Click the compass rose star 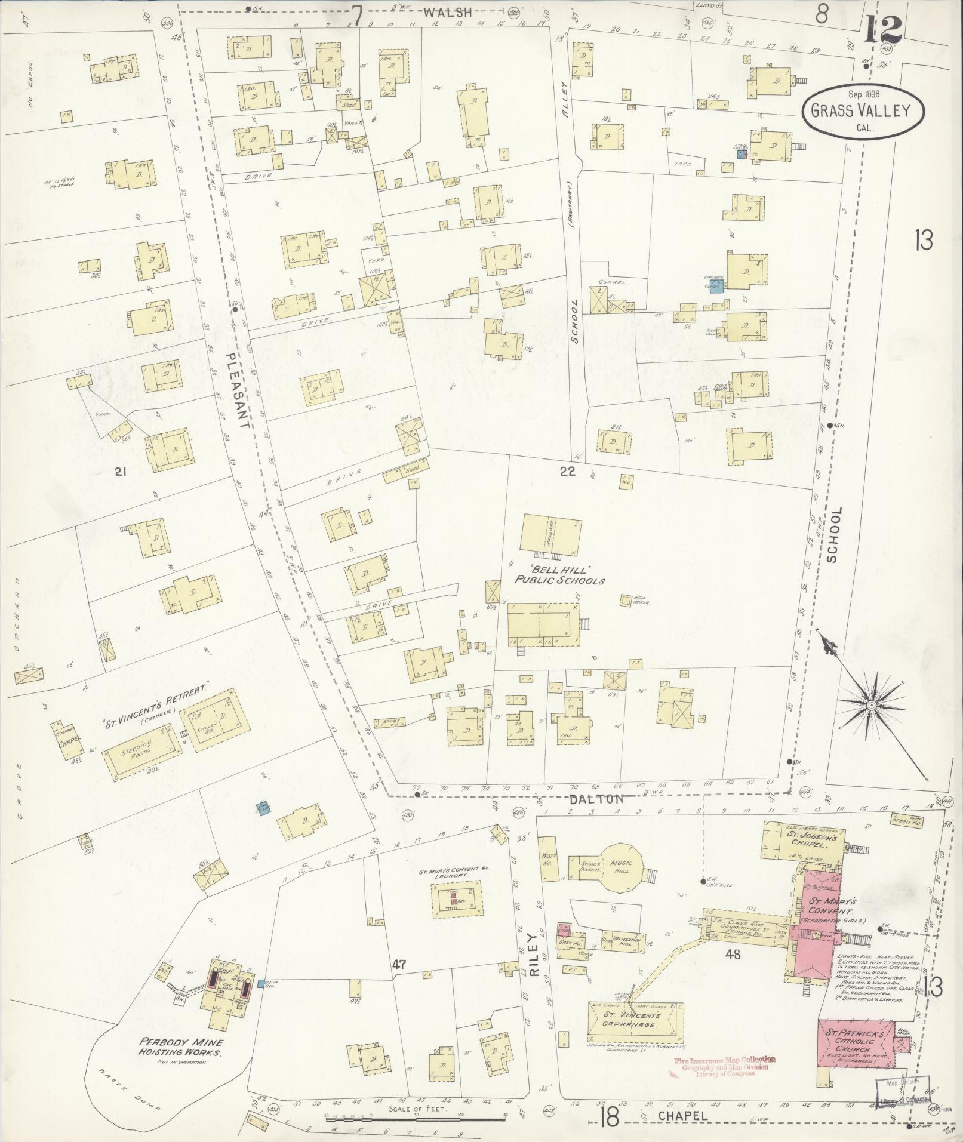tap(871, 706)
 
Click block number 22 tap(567, 472)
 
